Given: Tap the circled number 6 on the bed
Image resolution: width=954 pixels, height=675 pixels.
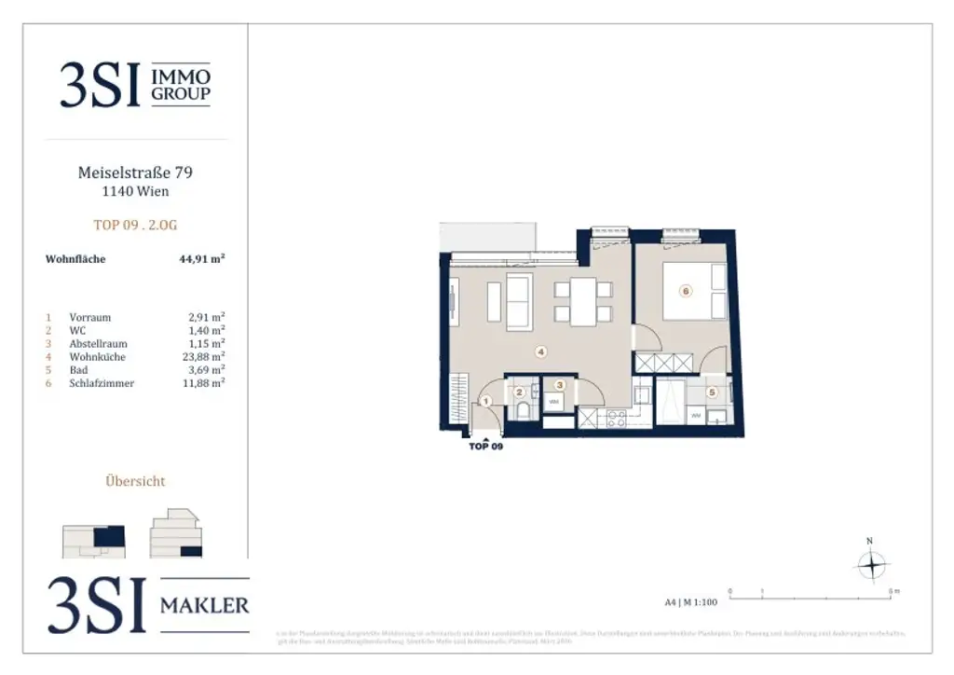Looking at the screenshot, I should pos(686,291).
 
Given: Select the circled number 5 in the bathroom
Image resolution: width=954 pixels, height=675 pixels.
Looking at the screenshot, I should pos(713,393).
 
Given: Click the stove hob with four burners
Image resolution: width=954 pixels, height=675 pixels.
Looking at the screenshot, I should pos(616,419).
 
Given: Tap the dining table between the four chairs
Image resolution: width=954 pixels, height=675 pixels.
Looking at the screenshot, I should pos(583,302).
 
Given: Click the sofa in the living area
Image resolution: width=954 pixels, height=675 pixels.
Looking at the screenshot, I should pos(518,302).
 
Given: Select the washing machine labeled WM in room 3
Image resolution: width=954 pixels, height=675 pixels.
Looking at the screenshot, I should pos(553,403).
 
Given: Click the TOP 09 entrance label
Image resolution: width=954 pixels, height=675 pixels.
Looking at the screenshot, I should pos(485,447).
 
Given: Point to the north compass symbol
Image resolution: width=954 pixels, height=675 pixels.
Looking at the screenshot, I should pos(870,565).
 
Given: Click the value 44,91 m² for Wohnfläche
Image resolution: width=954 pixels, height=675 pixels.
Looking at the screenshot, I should pos(201,259).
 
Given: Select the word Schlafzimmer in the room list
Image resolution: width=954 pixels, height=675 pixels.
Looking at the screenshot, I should pos(102,383).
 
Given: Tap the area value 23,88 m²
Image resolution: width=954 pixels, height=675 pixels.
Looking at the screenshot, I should pos(206,357).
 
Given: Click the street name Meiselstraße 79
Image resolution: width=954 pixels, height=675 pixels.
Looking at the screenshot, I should pos(136,172).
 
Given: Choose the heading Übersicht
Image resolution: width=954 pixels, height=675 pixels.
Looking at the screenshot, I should pos(136,481).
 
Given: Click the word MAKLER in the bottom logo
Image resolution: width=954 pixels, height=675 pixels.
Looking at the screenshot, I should pos(204,606).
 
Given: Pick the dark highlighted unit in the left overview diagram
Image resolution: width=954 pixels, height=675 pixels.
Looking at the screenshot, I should pos(110,536).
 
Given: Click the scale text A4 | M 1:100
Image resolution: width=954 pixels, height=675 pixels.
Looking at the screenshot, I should pos(690,602).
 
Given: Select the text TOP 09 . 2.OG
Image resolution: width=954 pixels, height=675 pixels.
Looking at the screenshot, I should pos(136,225).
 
